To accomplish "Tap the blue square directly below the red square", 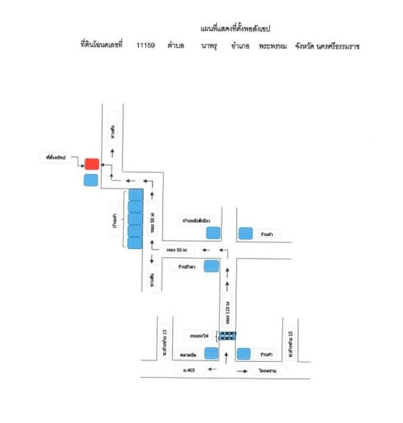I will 91,180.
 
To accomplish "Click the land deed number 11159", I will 145,46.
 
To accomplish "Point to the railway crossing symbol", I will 228,335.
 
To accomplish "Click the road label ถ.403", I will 190,371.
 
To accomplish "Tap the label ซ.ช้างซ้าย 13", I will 165,342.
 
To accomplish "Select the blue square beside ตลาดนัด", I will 212,353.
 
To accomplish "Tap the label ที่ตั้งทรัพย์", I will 56,157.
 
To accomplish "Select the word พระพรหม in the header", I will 273,46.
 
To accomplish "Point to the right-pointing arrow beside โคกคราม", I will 241,371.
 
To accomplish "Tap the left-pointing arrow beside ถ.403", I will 213,371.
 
